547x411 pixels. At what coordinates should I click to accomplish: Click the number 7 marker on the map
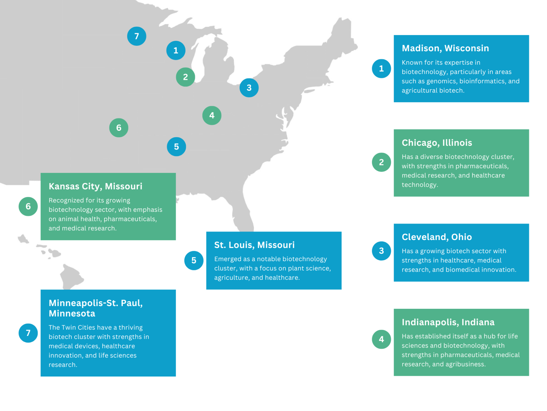click(136, 36)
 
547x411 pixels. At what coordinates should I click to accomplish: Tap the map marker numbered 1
click(176, 51)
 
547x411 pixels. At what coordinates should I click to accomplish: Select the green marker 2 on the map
click(185, 77)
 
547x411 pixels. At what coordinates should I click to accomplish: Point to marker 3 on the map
click(249, 88)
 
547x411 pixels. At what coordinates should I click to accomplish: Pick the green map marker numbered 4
click(212, 115)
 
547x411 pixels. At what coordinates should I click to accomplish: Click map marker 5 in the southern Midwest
click(176, 147)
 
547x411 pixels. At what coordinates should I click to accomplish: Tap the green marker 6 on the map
click(119, 128)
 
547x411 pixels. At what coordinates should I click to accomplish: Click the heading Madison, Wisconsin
click(445, 48)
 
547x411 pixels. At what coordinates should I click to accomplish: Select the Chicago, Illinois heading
click(437, 143)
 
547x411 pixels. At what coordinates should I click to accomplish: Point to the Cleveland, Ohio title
click(437, 237)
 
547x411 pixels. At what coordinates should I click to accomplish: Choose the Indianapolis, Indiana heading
click(448, 322)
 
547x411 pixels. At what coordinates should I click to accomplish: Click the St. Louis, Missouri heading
click(254, 245)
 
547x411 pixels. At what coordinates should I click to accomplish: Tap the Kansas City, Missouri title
click(95, 186)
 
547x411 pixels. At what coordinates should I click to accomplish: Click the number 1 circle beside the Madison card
click(381, 68)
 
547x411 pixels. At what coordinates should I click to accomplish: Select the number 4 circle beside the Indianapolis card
click(381, 339)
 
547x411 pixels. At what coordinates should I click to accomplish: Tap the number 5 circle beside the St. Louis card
click(194, 260)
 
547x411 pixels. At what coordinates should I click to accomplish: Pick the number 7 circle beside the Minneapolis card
click(28, 333)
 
